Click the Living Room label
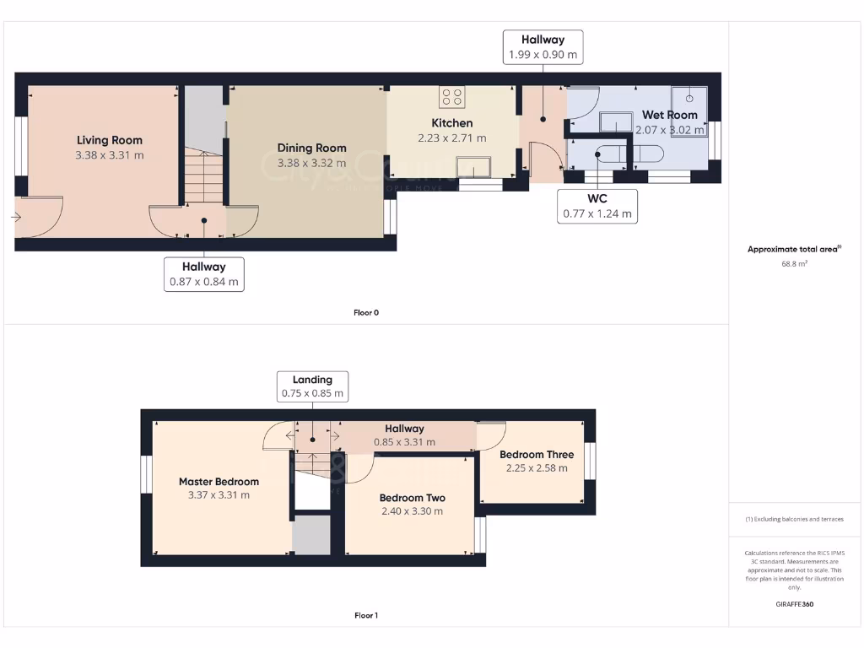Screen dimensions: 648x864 [x=110, y=140]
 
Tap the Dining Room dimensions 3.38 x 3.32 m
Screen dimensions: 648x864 [x=312, y=164]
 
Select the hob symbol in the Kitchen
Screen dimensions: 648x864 [x=451, y=97]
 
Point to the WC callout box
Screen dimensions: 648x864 [x=597, y=206]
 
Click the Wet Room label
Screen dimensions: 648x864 [x=669, y=115]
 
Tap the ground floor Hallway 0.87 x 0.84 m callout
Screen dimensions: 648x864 [x=204, y=274]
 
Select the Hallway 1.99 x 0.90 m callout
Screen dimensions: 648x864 [x=543, y=47]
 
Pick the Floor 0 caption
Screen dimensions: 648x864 [x=366, y=313]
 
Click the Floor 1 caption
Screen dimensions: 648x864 [x=366, y=616]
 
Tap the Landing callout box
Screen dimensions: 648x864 [x=312, y=386]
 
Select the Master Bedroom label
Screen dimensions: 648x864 [x=219, y=482]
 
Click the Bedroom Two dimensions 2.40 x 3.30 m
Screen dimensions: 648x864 [x=412, y=511]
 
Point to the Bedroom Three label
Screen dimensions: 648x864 [x=537, y=455]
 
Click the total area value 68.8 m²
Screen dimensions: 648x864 [x=794, y=264]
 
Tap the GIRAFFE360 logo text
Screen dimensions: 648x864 [x=794, y=604]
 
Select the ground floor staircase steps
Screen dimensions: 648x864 [x=204, y=178]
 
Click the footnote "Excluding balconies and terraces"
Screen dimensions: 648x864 [x=794, y=520]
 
